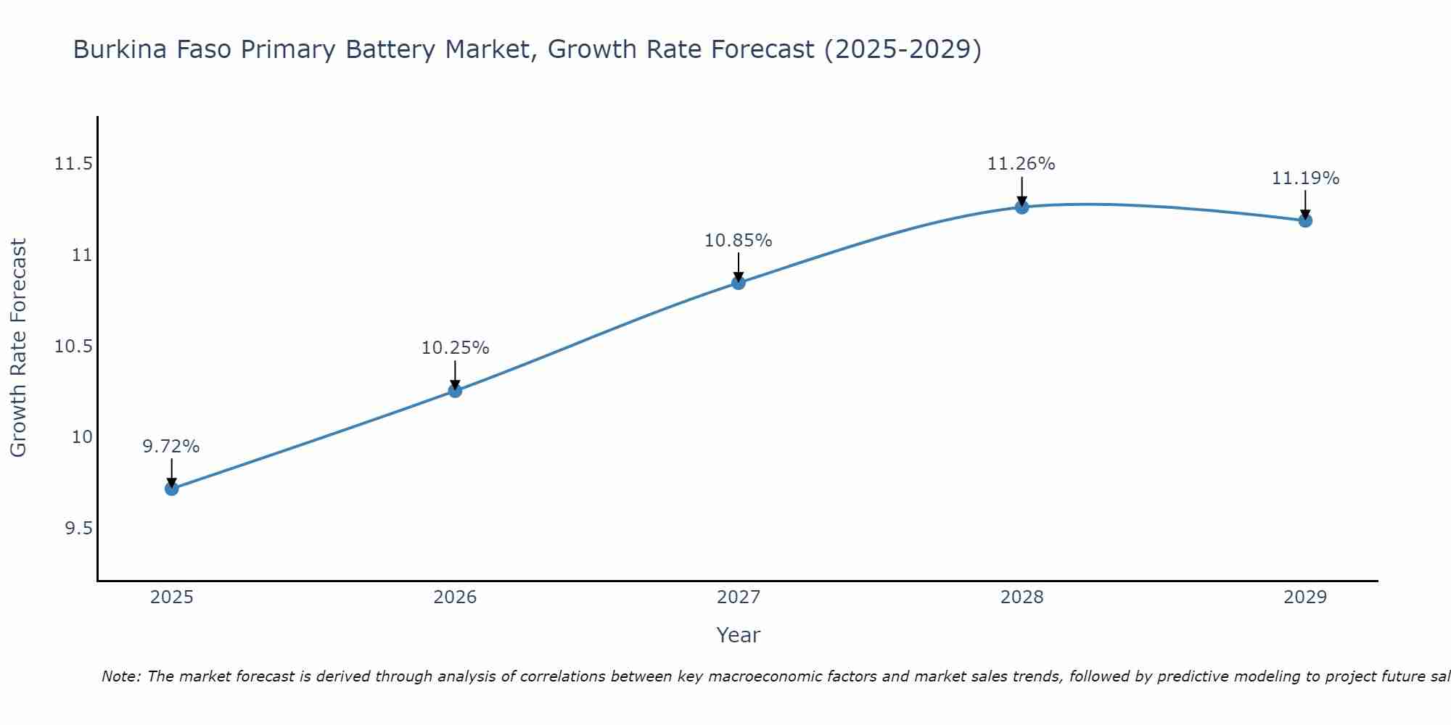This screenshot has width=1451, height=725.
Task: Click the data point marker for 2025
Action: click(x=171, y=489)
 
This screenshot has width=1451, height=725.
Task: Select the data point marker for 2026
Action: click(x=455, y=391)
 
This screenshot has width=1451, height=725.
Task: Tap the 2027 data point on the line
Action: click(x=739, y=283)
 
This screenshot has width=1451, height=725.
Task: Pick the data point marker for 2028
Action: click(x=1022, y=207)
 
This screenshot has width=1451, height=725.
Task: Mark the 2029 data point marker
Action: click(x=1305, y=220)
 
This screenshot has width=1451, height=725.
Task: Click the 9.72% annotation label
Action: click(x=171, y=447)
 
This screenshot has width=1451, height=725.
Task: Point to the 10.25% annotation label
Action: click(x=455, y=348)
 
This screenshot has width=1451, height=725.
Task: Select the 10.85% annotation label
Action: click(x=739, y=241)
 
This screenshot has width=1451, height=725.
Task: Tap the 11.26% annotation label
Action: click(x=1022, y=164)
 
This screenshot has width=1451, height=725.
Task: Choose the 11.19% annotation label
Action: click(x=1305, y=178)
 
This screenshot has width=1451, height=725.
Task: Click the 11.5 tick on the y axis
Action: click(x=73, y=164)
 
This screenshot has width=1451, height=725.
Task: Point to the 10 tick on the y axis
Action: click(x=82, y=437)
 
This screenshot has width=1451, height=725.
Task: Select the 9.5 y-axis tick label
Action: click(x=78, y=529)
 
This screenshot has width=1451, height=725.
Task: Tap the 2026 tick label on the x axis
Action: click(x=455, y=597)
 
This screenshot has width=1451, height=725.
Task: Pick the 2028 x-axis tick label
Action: click(x=1022, y=597)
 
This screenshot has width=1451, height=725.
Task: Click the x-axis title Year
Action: click(x=739, y=635)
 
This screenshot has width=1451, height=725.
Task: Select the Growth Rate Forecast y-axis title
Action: click(x=19, y=348)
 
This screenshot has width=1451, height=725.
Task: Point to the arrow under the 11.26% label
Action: click(x=1022, y=191)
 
